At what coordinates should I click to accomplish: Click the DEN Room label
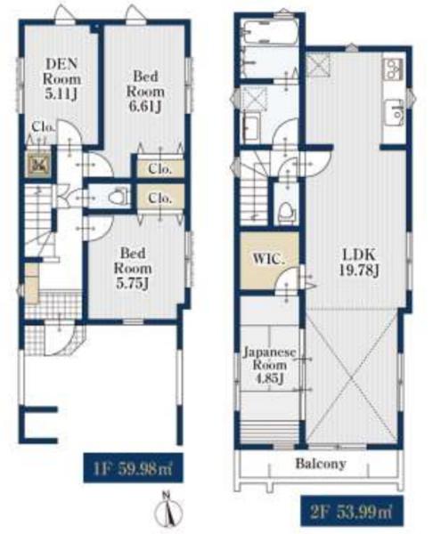pyautogui.click(x=61, y=78)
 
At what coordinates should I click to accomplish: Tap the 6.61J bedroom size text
pyautogui.click(x=145, y=107)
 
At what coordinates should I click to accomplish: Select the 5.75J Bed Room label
pyautogui.click(x=133, y=269)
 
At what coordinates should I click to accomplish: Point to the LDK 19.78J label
pyautogui.click(x=359, y=263)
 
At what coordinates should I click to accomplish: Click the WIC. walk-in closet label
pyautogui.click(x=268, y=259)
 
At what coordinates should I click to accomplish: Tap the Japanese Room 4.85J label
pyautogui.click(x=269, y=365)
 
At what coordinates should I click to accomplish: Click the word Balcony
pyautogui.click(x=321, y=464)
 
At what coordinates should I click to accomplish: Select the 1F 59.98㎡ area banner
pyautogui.click(x=133, y=468)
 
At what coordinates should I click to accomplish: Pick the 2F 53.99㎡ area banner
pyautogui.click(x=352, y=511)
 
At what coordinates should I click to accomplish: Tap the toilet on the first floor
pyautogui.click(x=118, y=197)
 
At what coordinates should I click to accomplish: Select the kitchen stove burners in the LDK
pyautogui.click(x=394, y=69)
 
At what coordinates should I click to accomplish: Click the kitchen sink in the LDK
pyautogui.click(x=396, y=112)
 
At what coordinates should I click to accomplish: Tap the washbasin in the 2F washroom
pyautogui.click(x=250, y=128)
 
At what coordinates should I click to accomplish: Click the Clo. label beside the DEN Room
pyautogui.click(x=44, y=127)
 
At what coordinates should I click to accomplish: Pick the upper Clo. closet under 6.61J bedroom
pyautogui.click(x=160, y=168)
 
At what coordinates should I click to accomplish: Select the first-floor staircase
pyautogui.click(x=38, y=221)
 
